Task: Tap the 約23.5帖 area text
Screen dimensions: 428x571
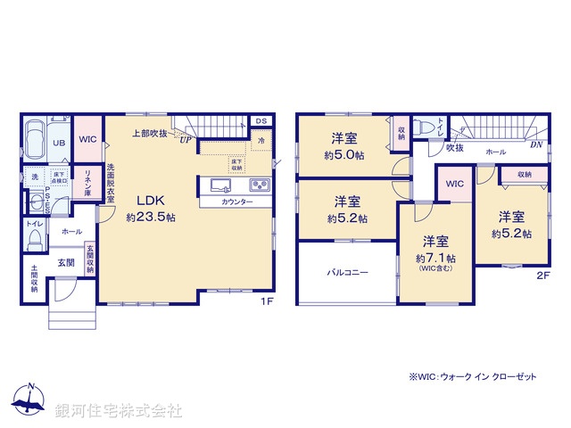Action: [x=151, y=218]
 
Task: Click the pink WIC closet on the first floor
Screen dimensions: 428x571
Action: [x=87, y=140]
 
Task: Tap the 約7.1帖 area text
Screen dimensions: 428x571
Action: [x=436, y=258]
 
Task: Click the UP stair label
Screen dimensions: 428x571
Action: [x=185, y=139]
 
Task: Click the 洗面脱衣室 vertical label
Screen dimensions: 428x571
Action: [x=112, y=181]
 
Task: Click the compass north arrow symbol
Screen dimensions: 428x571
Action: [x=29, y=399]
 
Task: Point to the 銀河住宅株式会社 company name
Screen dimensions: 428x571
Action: [x=119, y=411]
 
